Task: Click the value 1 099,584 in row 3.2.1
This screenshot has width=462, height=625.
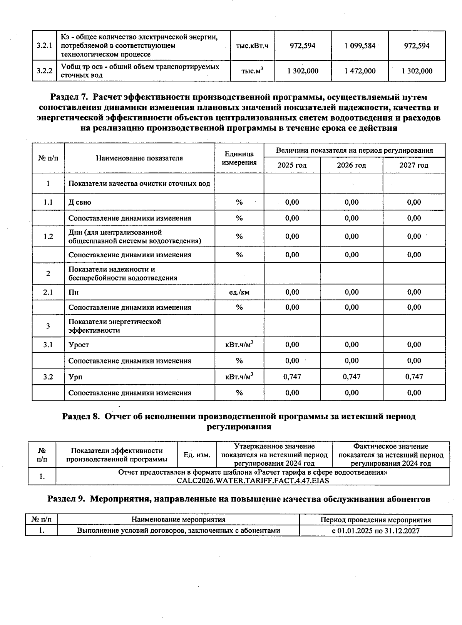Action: [360, 46]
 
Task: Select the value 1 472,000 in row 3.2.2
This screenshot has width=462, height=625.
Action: [360, 71]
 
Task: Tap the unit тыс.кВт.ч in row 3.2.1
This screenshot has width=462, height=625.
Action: [252, 46]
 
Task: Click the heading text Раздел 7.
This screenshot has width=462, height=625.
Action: [70, 97]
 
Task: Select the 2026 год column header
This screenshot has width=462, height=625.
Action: [351, 165]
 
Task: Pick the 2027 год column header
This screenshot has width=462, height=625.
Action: [413, 165]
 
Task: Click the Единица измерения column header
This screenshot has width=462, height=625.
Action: [239, 158]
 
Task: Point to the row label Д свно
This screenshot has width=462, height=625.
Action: [80, 202]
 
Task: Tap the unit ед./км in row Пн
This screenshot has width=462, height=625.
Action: [239, 292]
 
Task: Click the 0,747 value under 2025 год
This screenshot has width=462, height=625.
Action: [292, 377]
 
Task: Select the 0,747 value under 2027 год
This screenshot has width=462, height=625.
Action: [414, 377]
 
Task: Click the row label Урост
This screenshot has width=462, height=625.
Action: [79, 345]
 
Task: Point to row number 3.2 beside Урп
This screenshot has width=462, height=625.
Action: [48, 377]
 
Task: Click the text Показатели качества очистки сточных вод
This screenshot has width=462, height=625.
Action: [139, 183]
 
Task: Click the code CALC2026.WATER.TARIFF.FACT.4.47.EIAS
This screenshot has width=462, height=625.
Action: [253, 480]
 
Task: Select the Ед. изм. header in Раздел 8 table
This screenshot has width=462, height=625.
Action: [197, 455]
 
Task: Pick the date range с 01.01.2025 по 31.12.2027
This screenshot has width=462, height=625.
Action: [375, 531]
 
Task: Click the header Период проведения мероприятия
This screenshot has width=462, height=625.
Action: [375, 520]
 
